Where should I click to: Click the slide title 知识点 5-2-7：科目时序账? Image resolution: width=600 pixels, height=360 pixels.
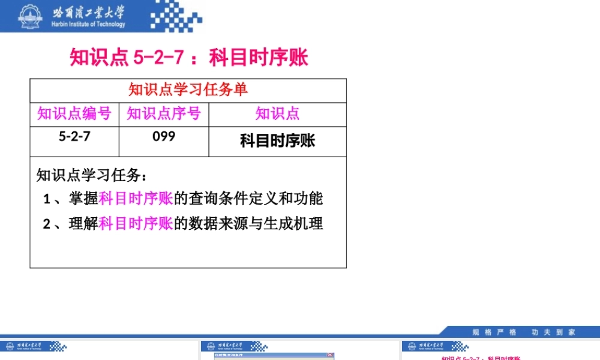coord(189,58)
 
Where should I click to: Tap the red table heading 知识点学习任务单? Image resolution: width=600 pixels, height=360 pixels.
coord(188,90)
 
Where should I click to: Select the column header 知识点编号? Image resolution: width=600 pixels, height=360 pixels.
coord(74,113)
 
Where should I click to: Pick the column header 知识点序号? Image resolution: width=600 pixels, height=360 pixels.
coord(164,113)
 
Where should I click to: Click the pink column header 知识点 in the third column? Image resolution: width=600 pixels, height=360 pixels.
coord(277,113)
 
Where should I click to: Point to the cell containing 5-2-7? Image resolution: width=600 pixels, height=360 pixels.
coord(74,136)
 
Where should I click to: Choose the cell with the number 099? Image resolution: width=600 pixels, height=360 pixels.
coord(164,136)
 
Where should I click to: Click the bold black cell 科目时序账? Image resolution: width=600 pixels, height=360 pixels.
coord(277,141)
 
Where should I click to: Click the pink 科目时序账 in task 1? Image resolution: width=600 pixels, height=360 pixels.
coord(136,199)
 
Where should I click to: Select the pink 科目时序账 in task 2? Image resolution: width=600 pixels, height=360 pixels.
coord(136,224)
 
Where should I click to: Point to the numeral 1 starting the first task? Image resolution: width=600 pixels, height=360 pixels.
coord(47,199)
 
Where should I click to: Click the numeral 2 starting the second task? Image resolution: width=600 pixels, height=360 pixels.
coord(47,224)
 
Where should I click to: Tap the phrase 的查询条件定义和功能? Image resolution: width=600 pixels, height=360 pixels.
coord(248,199)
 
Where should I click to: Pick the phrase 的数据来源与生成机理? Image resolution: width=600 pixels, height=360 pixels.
coord(248,224)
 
